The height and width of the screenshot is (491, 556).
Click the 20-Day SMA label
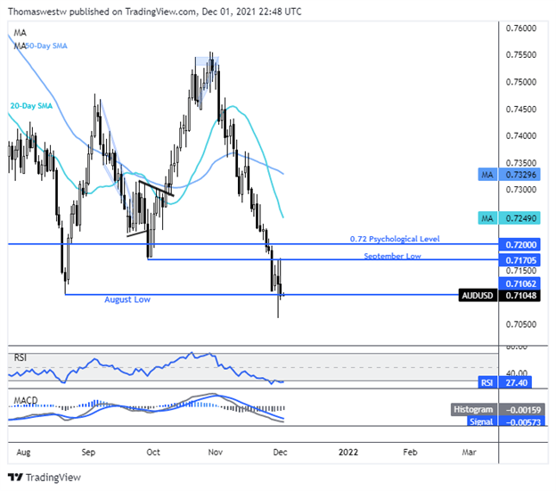click(31, 105)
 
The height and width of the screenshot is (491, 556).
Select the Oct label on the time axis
click(153, 452)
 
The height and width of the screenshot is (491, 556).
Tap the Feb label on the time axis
click(410, 452)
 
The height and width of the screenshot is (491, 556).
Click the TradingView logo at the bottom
click(44, 478)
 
